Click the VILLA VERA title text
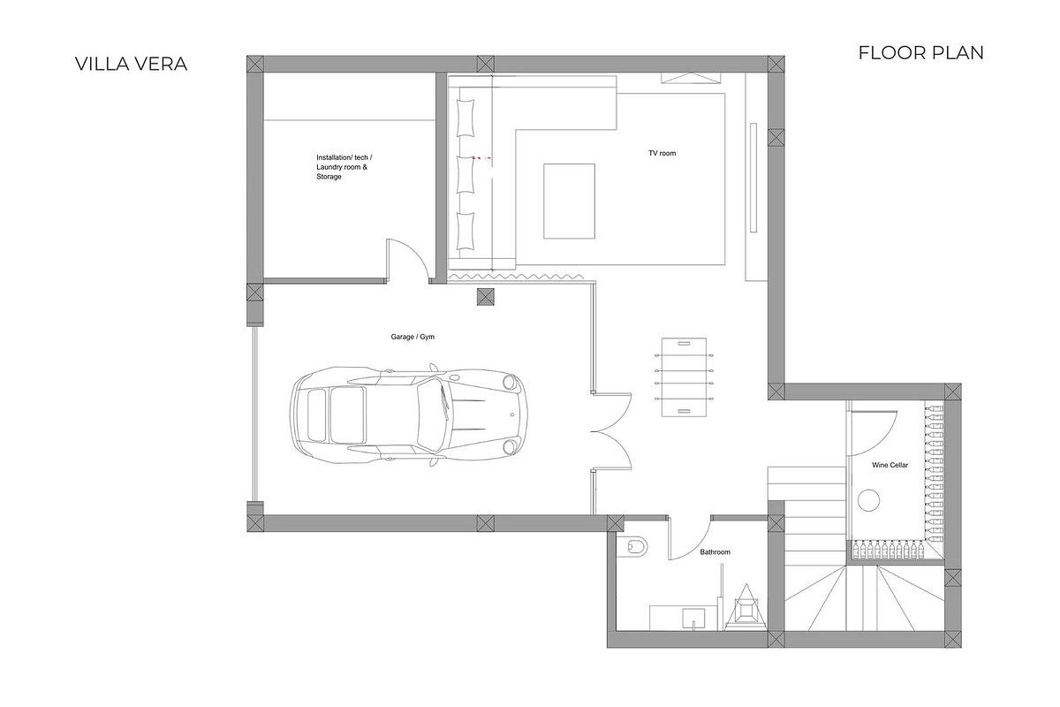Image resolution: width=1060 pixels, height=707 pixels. pos(131,64)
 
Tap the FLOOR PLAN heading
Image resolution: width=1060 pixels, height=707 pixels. pos(920,53)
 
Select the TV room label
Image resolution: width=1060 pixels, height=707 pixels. pos(662,154)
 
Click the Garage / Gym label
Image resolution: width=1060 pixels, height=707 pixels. pos(413,338)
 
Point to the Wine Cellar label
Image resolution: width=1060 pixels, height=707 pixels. pos(890,465)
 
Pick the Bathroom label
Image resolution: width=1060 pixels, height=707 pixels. pos(715,552)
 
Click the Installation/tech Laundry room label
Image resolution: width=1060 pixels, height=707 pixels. pos(344,167)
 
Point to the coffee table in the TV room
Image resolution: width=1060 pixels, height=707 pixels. pos(568,201)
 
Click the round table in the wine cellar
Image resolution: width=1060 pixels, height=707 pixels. pos(869,501)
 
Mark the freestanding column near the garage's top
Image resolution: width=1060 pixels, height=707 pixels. pos(485,296)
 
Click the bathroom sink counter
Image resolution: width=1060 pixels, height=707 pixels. pos(678,615)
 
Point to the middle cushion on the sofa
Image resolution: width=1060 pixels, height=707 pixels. pos(466,168)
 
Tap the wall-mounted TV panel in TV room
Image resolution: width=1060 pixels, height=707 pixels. pos(753,177)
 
